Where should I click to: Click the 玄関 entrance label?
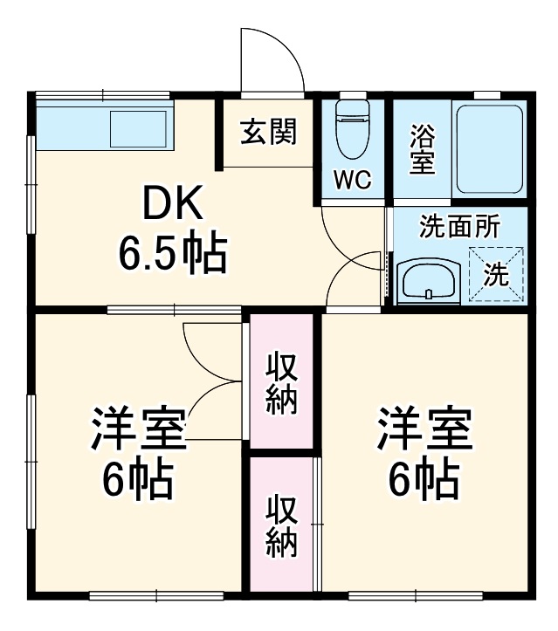point(268,133)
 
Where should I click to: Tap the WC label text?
point(353,181)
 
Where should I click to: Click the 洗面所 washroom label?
point(459,227)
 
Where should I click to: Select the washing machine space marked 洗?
point(496,274)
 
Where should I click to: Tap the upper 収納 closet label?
point(281,382)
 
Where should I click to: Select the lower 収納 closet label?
point(281,526)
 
